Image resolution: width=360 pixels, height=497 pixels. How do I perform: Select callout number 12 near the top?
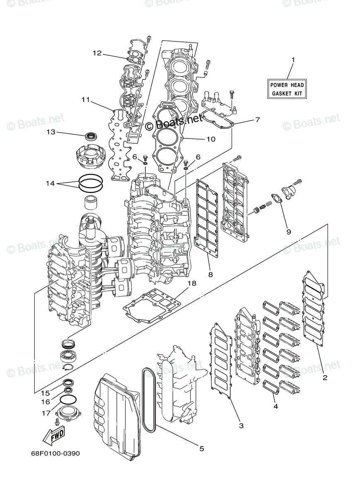pos(97,53)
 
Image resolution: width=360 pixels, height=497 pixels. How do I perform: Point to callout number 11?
pos(85,99)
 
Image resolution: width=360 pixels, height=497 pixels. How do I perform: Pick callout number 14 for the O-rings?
pos(51,183)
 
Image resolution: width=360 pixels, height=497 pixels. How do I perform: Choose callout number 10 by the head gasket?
pos(211,139)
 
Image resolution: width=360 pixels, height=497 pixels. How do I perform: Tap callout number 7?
pos(257,120)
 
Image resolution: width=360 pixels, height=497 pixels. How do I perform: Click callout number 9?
pos(288,232)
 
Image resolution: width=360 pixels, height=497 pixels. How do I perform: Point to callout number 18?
pos(191,283)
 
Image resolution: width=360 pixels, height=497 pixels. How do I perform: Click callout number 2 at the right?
pos(325,377)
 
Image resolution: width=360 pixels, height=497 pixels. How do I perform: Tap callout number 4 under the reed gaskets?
pos(275,406)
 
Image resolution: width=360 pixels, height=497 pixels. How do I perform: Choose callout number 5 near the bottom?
pos(202,449)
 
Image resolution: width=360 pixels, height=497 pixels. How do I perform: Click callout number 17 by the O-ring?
pos(45,413)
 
